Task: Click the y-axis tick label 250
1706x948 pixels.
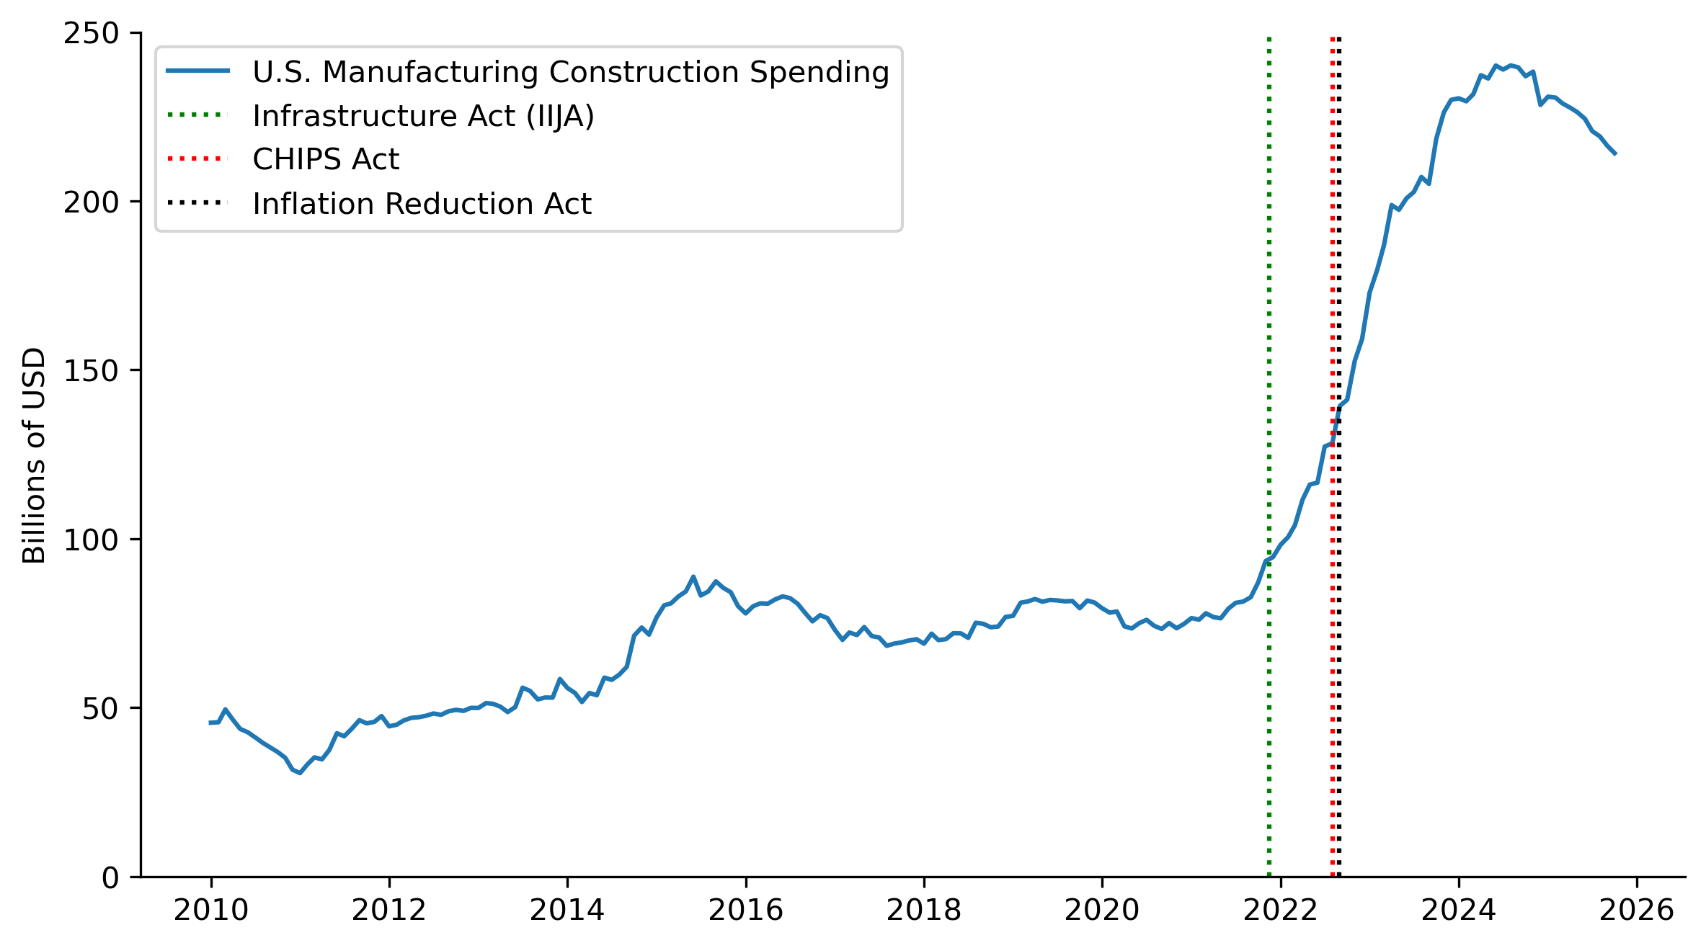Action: (91, 33)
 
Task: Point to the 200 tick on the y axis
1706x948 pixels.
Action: (91, 202)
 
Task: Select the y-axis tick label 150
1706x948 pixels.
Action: (91, 371)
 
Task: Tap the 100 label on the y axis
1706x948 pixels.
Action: (91, 540)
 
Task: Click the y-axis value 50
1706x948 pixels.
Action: (100, 709)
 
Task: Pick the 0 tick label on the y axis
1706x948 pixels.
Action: (110, 878)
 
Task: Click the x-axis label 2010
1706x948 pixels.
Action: (211, 911)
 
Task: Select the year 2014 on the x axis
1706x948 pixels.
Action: (567, 911)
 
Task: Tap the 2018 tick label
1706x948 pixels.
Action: (924, 911)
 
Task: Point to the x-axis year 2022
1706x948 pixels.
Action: (1280, 911)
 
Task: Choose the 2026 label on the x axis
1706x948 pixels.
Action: (1637, 911)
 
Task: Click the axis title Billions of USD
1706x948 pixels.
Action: (34, 455)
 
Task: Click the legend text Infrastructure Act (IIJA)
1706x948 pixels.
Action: (423, 116)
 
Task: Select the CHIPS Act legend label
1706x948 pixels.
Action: (326, 159)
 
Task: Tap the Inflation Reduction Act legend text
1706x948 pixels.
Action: (422, 204)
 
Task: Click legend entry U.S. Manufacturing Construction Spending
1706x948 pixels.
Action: (571, 72)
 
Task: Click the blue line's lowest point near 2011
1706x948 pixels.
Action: (300, 773)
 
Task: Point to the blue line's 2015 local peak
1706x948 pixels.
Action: (693, 576)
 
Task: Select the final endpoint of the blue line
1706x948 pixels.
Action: (1615, 153)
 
